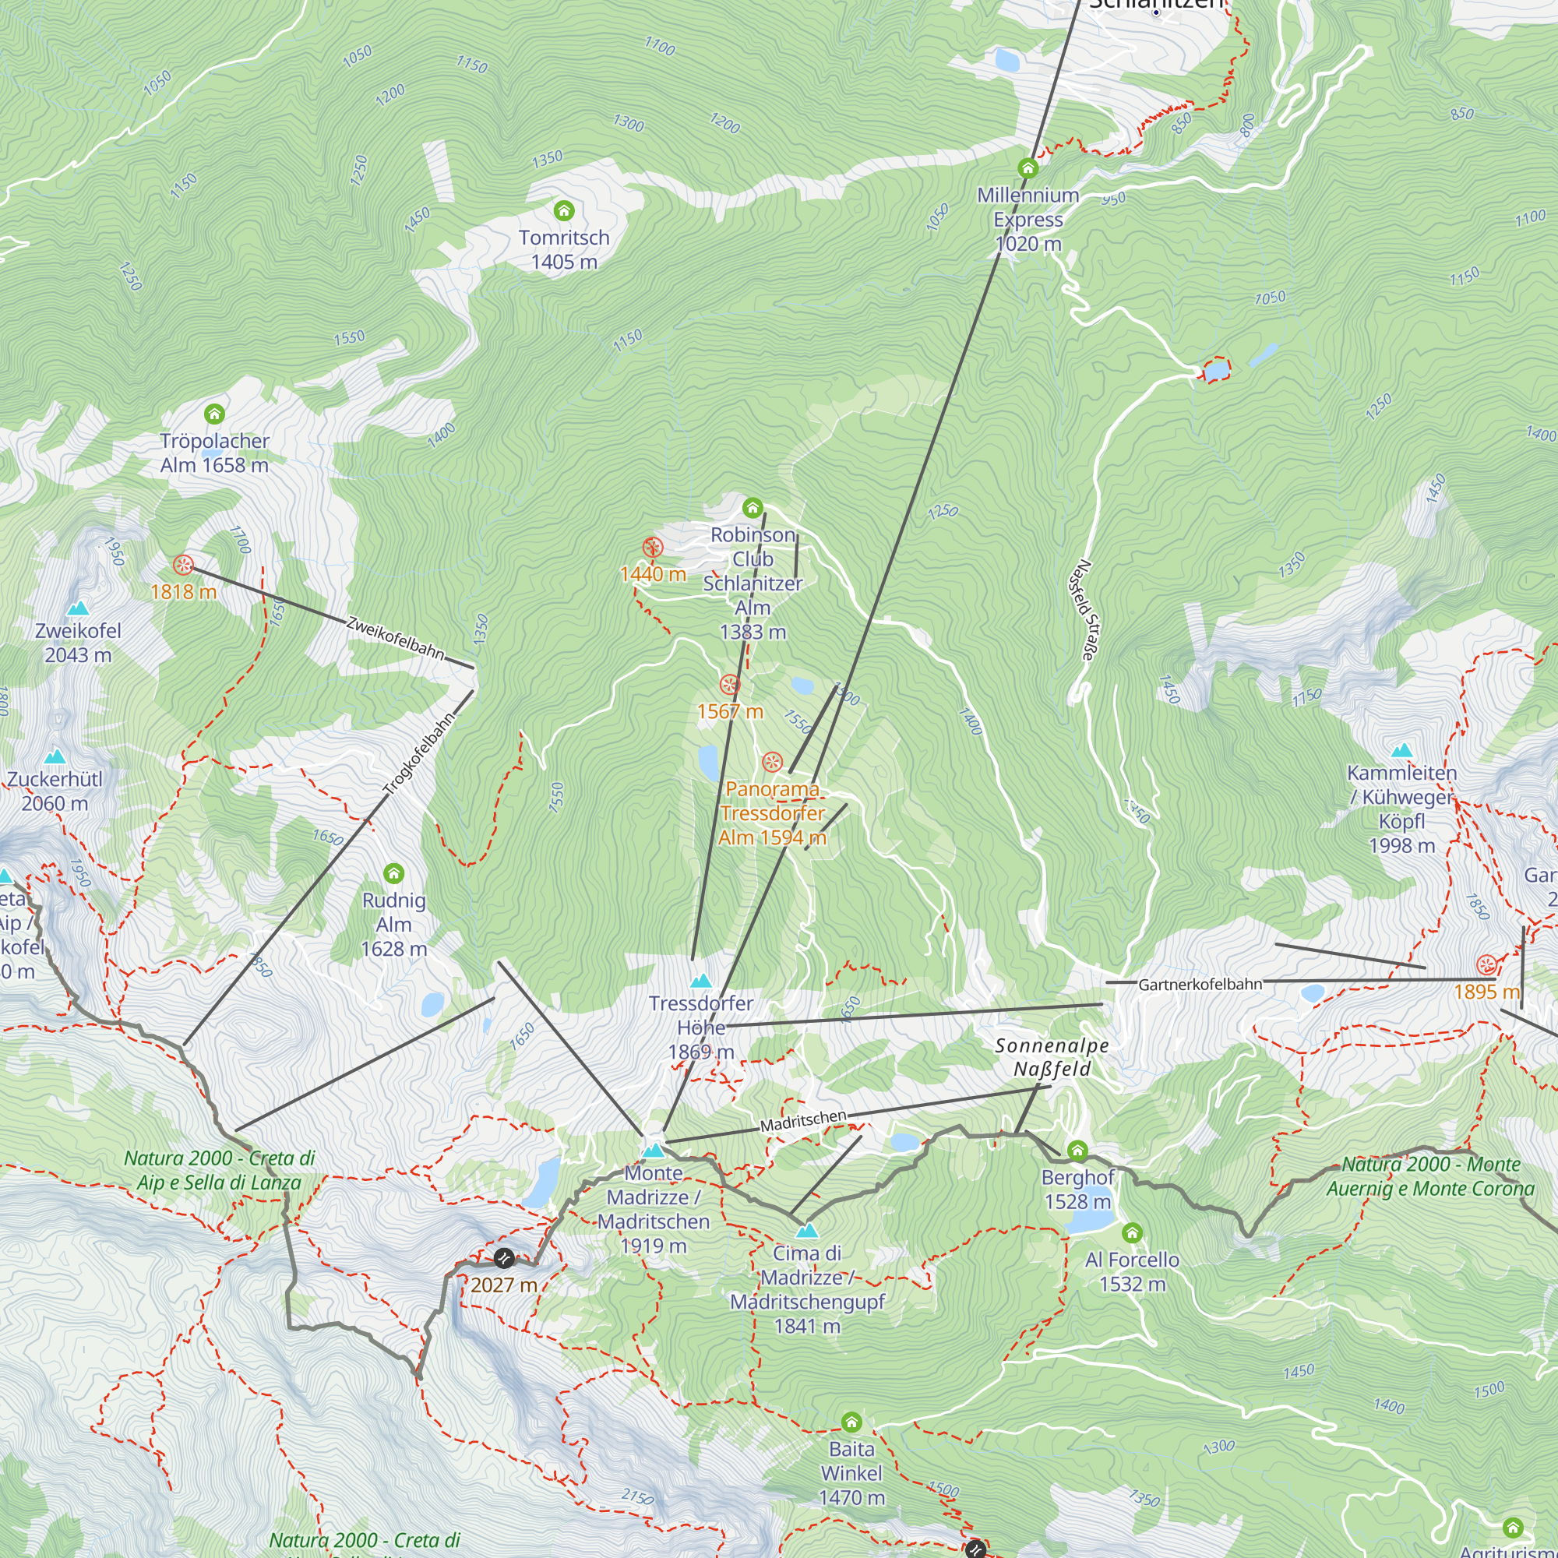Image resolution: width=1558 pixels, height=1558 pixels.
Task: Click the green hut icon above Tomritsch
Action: click(x=564, y=210)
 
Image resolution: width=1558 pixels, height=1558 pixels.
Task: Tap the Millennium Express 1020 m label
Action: click(x=1028, y=220)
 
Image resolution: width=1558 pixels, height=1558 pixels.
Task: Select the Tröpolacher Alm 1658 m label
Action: click(x=213, y=453)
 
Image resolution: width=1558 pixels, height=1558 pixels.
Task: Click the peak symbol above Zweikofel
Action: click(x=77, y=608)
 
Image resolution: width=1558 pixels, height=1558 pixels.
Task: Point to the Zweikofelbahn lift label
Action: click(x=395, y=638)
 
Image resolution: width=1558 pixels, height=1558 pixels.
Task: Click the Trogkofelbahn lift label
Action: click(x=418, y=755)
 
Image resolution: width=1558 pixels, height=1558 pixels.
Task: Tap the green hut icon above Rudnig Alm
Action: click(x=393, y=873)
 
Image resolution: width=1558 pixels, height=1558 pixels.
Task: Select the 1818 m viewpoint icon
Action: click(x=183, y=565)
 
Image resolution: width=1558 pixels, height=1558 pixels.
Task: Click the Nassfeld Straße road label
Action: click(x=1080, y=611)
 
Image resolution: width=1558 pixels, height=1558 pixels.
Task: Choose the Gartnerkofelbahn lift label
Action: click(x=1200, y=984)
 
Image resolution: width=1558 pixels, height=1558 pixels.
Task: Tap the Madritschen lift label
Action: click(x=803, y=1120)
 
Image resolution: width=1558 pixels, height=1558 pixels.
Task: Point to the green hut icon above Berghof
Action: click(x=1077, y=1151)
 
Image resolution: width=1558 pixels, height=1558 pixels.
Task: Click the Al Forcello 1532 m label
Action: click(x=1132, y=1272)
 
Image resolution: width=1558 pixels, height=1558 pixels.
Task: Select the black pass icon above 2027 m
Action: click(x=504, y=1258)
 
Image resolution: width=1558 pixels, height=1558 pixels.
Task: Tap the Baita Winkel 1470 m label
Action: click(x=851, y=1473)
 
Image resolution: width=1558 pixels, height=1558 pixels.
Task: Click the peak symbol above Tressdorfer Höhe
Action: click(x=701, y=981)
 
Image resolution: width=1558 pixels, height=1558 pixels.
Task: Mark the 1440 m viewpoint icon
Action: click(x=652, y=548)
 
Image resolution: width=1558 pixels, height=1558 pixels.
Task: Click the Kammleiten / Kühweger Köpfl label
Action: click(x=1401, y=809)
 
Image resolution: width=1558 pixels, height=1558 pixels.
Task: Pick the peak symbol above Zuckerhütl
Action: click(x=55, y=756)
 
